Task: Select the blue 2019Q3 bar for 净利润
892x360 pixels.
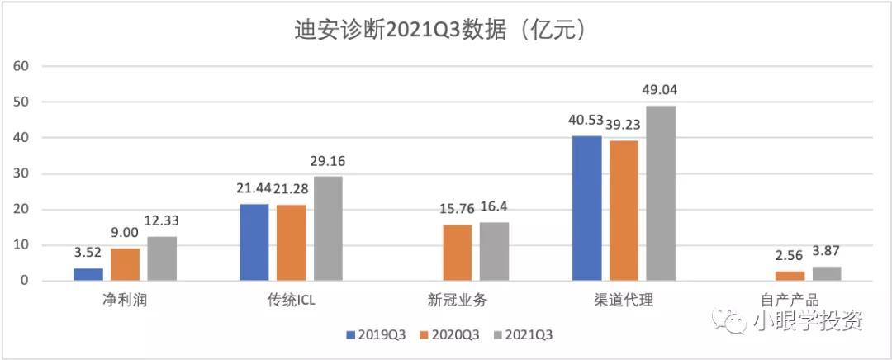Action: tap(88, 274)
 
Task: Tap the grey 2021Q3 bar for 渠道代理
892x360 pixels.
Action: tap(660, 193)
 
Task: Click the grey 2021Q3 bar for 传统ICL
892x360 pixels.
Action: tap(328, 229)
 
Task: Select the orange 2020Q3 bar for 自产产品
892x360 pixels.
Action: tap(789, 276)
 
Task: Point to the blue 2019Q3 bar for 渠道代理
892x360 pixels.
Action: tap(586, 208)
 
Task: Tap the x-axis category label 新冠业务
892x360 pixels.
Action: tap(457, 301)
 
